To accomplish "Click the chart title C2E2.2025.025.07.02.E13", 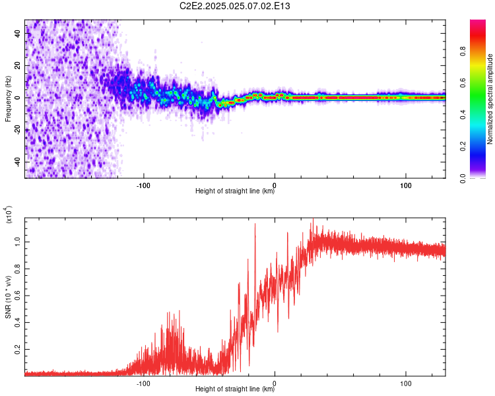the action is (x=234, y=6).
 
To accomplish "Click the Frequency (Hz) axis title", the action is (x=8, y=99).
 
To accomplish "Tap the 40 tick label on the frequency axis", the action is (x=17, y=33).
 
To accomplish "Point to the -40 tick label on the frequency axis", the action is (x=17, y=162).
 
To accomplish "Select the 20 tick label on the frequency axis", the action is (x=17, y=65).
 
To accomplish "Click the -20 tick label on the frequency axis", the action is (x=17, y=130).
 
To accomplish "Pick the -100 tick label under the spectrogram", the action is (x=143, y=185).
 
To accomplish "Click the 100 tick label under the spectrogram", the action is (x=406, y=185).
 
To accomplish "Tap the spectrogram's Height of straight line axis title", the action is (x=235, y=191).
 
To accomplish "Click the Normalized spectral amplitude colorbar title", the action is (x=490, y=99).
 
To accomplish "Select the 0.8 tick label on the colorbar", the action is (x=463, y=51).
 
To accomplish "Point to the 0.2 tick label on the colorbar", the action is (x=463, y=147).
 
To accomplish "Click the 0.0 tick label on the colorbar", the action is (x=463, y=178).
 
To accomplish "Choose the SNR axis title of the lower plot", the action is (x=8, y=297).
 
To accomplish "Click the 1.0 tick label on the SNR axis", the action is (x=17, y=242).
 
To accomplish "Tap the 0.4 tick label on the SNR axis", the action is (x=17, y=323).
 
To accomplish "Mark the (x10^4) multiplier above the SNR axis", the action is (x=8, y=214).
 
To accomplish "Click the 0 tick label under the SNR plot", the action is (x=275, y=383).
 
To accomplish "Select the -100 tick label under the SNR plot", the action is (x=143, y=383).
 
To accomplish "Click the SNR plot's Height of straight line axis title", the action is (x=235, y=389).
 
